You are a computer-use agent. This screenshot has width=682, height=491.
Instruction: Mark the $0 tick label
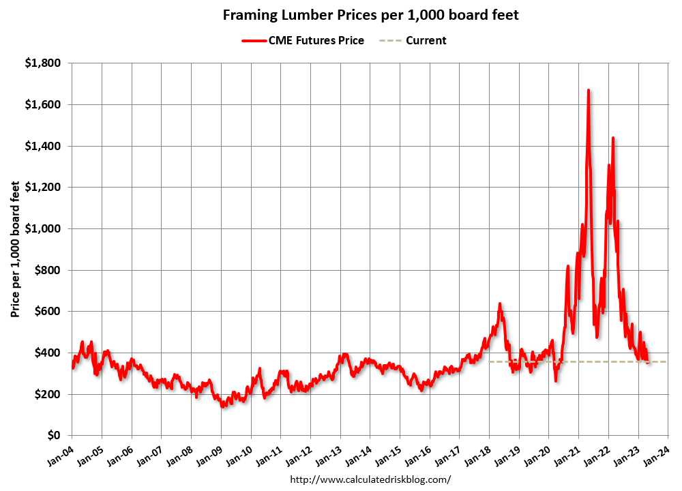point(55,436)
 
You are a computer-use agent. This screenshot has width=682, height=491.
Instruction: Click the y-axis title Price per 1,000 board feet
point(15,249)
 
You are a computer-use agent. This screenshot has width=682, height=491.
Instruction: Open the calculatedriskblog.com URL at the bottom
point(370,479)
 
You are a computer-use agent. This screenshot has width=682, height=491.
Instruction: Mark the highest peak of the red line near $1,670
point(588,90)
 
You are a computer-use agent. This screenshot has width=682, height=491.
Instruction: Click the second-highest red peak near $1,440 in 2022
point(613,138)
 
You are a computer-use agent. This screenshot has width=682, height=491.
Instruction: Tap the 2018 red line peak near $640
point(500,303)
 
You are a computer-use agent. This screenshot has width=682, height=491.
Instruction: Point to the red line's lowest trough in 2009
point(222,406)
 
